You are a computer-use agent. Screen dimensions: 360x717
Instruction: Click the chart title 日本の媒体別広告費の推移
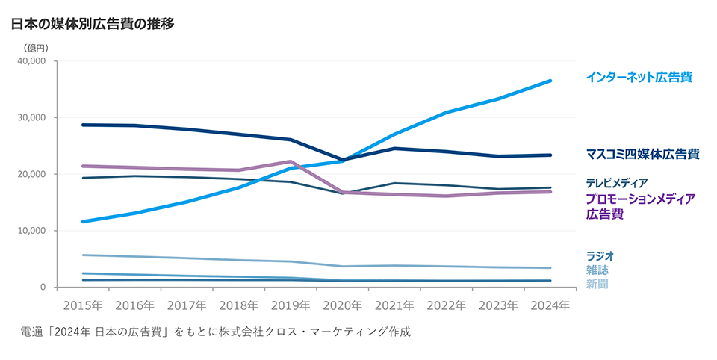[93, 24]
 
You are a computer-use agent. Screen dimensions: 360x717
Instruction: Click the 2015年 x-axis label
[83, 305]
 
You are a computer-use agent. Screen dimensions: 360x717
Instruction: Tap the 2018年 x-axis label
[239, 305]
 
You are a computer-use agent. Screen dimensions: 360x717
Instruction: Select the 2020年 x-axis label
[343, 305]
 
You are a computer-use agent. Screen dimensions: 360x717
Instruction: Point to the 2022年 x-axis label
[447, 305]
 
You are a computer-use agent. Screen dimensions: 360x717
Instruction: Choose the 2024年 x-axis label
[550, 305]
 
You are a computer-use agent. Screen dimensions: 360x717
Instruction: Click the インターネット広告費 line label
[639, 77]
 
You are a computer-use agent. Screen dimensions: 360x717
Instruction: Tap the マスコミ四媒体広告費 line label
[642, 155]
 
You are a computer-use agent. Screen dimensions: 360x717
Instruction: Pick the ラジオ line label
[600, 256]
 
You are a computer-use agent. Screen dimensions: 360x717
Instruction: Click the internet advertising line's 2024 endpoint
[550, 81]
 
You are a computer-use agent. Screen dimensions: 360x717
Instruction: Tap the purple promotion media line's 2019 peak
[291, 161]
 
